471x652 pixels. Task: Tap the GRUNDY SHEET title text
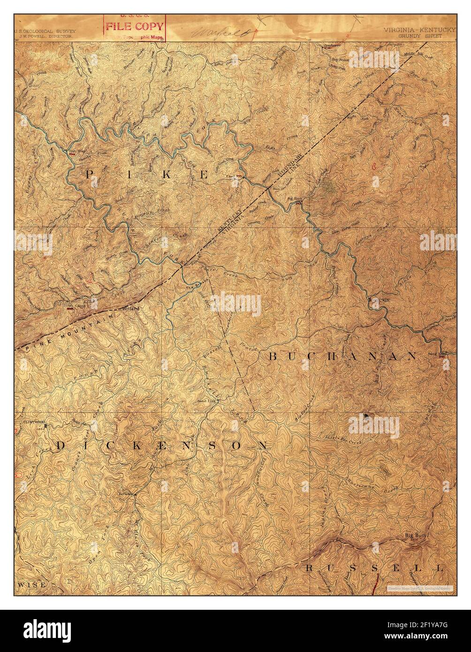pyautogui.click(x=420, y=35)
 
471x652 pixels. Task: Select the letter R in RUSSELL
pyautogui.click(x=310, y=568)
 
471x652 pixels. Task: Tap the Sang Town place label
pyautogui.click(x=435, y=356)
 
